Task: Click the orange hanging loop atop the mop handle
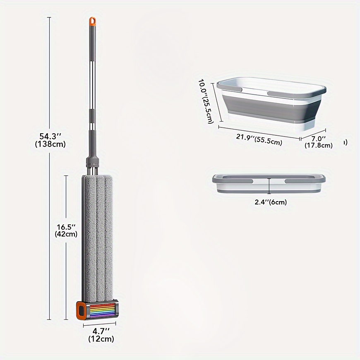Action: [93, 21]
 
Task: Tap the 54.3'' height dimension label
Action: [50, 136]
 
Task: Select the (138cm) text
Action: [50, 144]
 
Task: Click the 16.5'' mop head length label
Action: [66, 227]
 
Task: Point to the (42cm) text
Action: [66, 234]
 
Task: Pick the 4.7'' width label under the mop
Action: [101, 331]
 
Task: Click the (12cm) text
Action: [101, 338]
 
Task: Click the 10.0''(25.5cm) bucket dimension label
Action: [206, 101]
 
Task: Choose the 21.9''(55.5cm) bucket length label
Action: [259, 139]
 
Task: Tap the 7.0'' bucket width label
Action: [319, 138]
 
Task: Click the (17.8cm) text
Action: [319, 145]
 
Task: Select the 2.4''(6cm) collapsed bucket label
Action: [271, 202]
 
